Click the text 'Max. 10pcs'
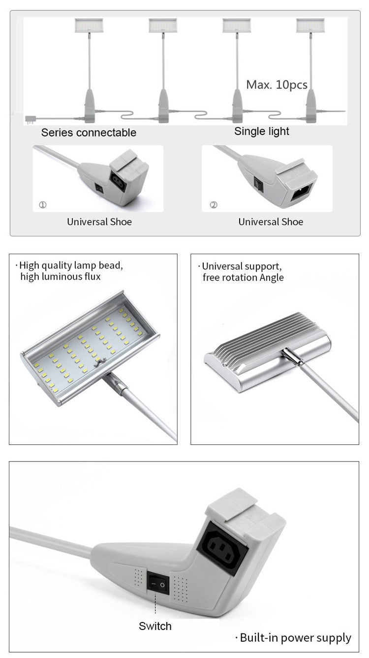pyautogui.click(x=277, y=85)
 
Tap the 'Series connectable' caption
pyautogui.click(x=89, y=132)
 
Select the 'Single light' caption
pyautogui.click(x=262, y=132)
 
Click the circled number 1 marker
pyautogui.click(x=43, y=205)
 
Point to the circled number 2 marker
pyautogui.click(x=213, y=205)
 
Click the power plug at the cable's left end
pyautogui.click(x=27, y=118)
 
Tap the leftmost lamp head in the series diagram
pyautogui.click(x=89, y=25)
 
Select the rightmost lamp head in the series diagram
pyautogui.click(x=310, y=25)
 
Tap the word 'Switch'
pyautogui.click(x=155, y=626)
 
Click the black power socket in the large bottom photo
pyautogui.click(x=222, y=547)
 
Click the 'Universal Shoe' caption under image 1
pyautogui.click(x=99, y=222)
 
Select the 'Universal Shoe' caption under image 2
pyautogui.click(x=271, y=222)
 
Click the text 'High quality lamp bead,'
pyautogui.click(x=71, y=266)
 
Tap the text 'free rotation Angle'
pyautogui.click(x=243, y=277)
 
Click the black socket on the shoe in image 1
pyautogui.click(x=119, y=182)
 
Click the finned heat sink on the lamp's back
pyautogui.click(x=266, y=334)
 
